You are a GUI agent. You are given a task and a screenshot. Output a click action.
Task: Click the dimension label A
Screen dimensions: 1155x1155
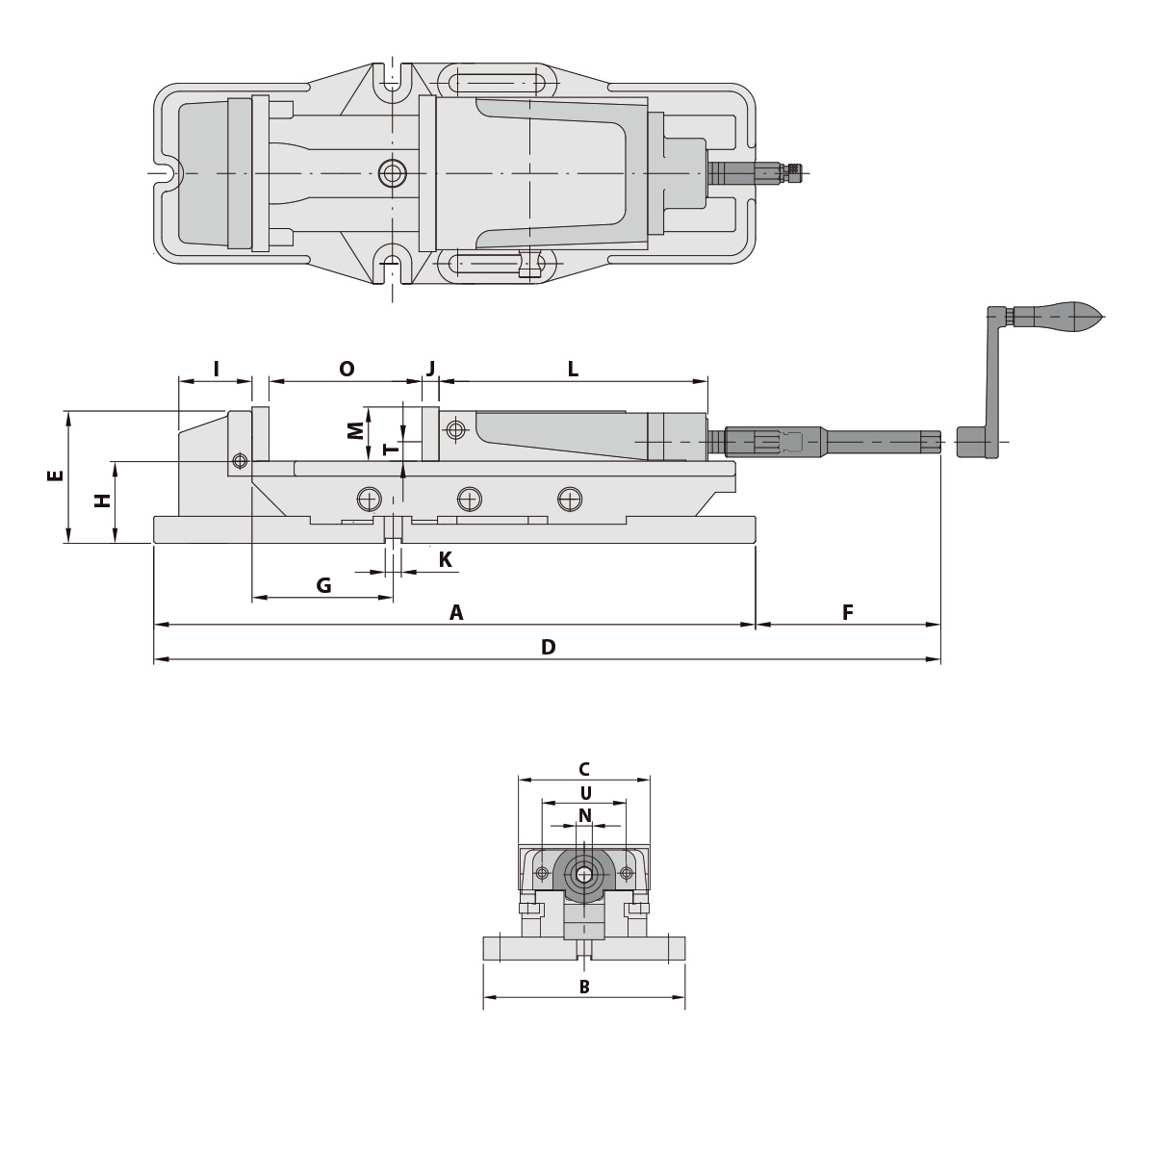pos(456,613)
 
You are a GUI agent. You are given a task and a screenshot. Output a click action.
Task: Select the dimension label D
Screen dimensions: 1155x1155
pos(548,648)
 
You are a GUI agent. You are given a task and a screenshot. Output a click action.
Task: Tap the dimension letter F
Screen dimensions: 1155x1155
pos(848,613)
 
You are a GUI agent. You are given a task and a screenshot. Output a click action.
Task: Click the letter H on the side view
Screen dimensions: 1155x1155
pos(101,500)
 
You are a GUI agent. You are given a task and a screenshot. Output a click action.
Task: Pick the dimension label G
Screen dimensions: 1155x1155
pos(323,585)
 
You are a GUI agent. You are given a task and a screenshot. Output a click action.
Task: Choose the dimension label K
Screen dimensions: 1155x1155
pos(446,559)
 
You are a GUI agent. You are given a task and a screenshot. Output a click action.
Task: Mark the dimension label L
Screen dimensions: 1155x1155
pos(573,369)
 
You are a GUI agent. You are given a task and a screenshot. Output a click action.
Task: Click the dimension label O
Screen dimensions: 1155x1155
pos(346,369)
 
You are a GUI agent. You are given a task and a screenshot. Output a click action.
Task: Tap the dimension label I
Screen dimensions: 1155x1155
pos(216,369)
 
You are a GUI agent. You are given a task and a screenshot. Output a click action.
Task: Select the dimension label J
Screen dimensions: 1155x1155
pos(430,369)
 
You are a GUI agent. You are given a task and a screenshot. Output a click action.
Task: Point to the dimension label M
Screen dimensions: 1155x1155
pos(356,429)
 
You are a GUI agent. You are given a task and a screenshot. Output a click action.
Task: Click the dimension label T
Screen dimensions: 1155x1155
pos(389,449)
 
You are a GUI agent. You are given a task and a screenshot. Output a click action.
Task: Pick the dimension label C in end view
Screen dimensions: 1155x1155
pos(583,769)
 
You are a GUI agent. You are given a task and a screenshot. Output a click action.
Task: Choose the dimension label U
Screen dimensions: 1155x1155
pos(584,793)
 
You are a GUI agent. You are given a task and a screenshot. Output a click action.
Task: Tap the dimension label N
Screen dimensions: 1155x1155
pos(584,815)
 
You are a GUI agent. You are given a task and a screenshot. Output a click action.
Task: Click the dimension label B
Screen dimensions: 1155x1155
pos(583,987)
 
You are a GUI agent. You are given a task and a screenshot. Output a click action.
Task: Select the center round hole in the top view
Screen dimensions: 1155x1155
pos(392,173)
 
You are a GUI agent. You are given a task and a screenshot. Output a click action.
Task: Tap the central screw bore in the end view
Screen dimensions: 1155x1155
pos(583,874)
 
